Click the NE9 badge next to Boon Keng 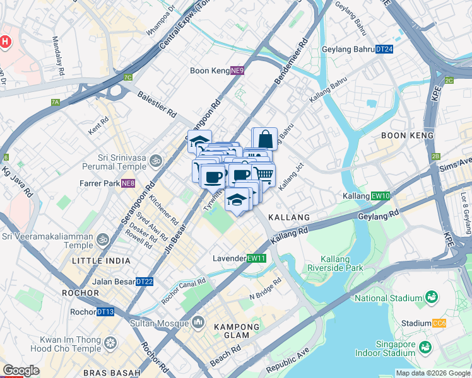click(237, 71)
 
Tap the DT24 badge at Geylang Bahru click(384, 49)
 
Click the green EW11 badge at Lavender click(256, 258)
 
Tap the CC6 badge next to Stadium click(439, 323)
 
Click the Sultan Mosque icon click(198, 323)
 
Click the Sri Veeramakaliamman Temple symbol click(100, 239)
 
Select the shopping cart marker click(264, 173)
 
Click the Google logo click(20, 370)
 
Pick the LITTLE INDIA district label click(102, 260)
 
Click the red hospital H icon click(5, 42)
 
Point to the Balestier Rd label click(157, 104)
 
